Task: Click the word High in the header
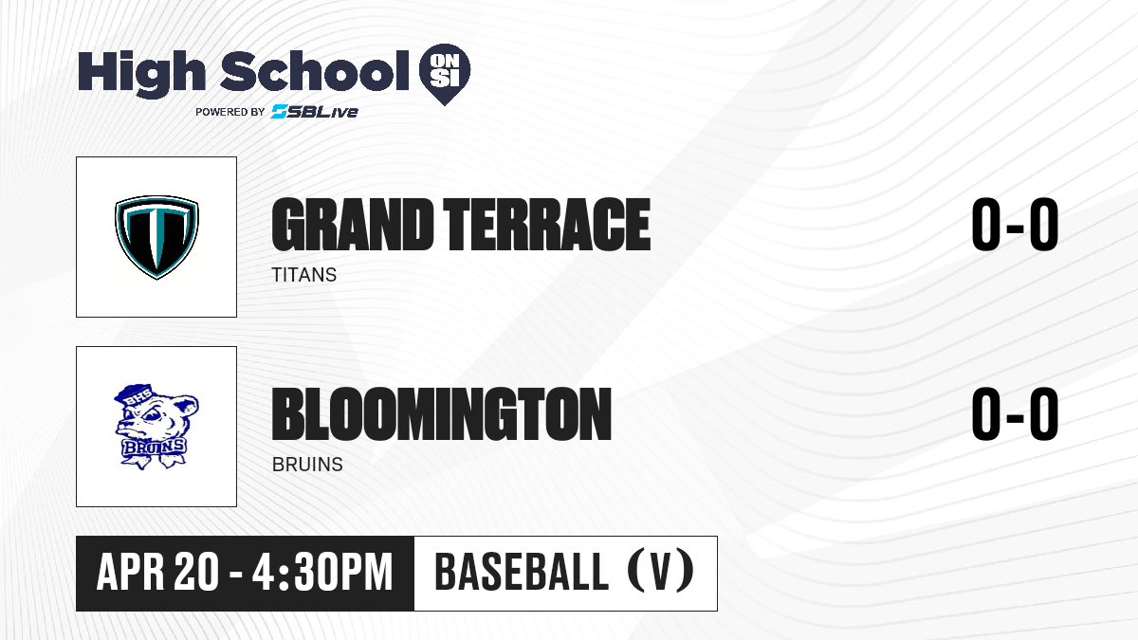pos(141,74)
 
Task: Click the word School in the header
pos(315,71)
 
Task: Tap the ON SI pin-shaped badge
pos(445,74)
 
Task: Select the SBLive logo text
pos(315,112)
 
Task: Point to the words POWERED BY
pos(230,112)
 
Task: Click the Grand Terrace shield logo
pos(156,237)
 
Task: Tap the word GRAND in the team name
pos(353,225)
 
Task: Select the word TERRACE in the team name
pos(546,225)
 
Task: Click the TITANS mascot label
pos(304,275)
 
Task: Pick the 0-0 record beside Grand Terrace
pos(1015,225)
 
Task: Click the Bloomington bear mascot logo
pos(156,427)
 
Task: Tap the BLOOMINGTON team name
pos(442,414)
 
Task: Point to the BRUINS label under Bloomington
pos(307,465)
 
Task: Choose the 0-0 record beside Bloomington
pos(1015,414)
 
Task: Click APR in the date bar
pos(131,573)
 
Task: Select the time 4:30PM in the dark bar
pos(322,573)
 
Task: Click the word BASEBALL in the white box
pos(522,573)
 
